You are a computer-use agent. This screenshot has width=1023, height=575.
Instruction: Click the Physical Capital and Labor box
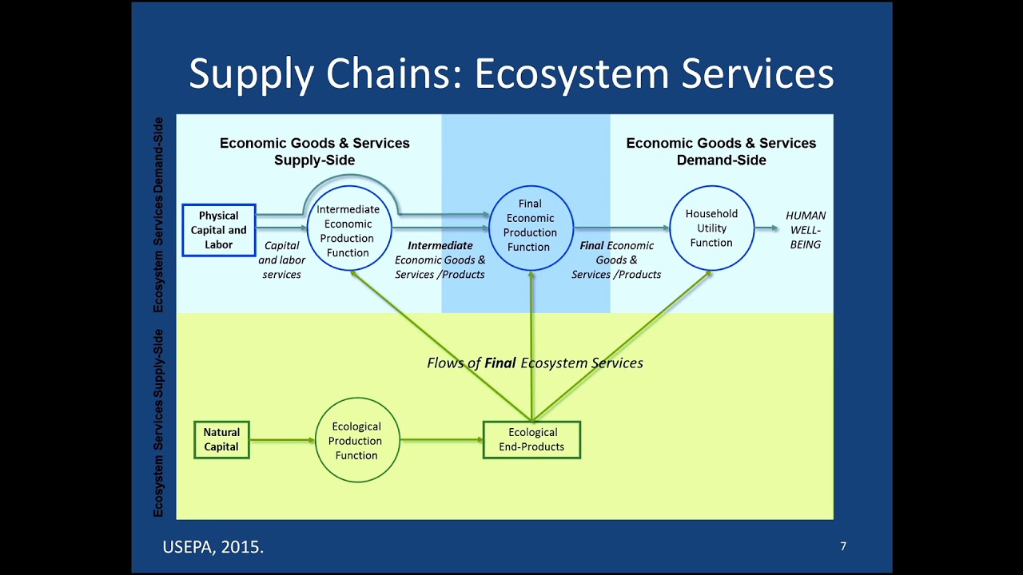click(218, 230)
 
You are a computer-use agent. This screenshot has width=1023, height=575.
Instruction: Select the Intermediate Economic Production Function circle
click(348, 230)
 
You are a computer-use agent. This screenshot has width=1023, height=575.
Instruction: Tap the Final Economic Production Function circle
click(530, 230)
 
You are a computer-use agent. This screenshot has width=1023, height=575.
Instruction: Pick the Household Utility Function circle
click(711, 228)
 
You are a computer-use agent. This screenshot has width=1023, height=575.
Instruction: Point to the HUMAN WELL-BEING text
click(806, 230)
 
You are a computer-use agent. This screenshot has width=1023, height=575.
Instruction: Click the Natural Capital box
click(221, 440)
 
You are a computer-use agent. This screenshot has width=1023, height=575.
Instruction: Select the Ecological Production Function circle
click(356, 441)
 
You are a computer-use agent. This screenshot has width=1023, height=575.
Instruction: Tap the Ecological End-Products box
click(531, 440)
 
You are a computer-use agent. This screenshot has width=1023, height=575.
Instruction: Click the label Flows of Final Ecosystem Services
click(535, 363)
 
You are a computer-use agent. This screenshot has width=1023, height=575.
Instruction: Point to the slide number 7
click(843, 546)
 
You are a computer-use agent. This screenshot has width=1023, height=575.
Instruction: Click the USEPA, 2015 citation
click(213, 547)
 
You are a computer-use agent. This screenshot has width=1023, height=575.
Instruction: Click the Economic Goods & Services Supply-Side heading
click(314, 151)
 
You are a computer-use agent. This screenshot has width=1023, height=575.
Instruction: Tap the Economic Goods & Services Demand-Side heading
click(721, 151)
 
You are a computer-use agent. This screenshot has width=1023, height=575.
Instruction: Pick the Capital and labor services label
click(281, 260)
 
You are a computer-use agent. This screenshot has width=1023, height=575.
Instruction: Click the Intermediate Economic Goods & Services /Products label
click(440, 260)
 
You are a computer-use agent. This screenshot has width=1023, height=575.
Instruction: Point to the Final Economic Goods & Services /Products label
click(616, 260)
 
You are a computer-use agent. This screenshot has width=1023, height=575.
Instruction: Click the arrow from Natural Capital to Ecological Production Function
click(282, 440)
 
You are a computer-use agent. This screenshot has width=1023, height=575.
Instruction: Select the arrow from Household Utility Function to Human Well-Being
click(766, 228)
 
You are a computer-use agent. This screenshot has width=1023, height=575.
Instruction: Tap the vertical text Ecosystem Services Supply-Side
click(158, 422)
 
